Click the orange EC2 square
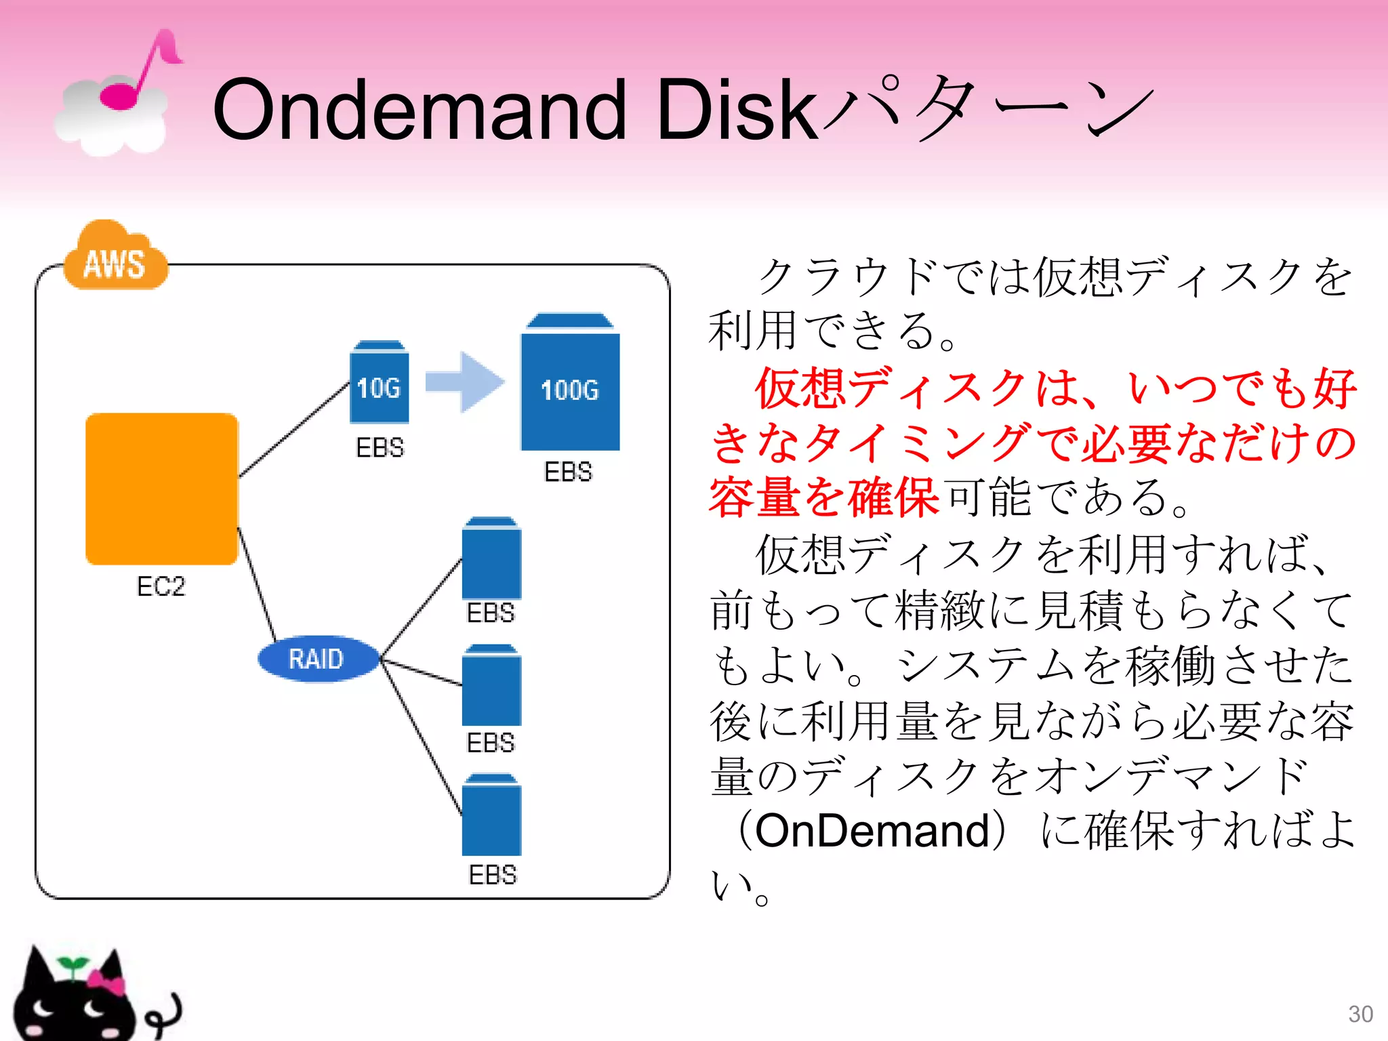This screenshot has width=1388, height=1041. [162, 489]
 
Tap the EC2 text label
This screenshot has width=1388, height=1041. [161, 586]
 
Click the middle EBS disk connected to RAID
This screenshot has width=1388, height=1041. [491, 685]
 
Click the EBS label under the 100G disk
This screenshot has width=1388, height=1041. [568, 472]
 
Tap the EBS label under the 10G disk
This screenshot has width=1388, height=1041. [380, 447]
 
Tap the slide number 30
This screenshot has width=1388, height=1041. [1360, 1014]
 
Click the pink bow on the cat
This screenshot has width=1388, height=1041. [106, 981]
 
